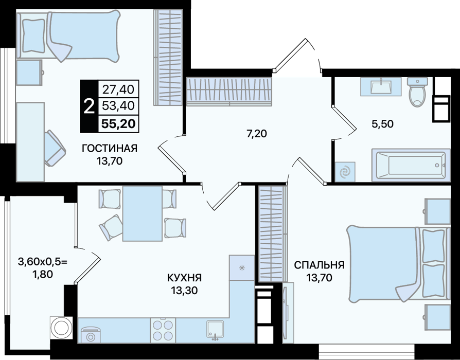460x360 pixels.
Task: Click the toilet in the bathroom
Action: coord(417,92)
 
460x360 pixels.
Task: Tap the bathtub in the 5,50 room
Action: coord(411,165)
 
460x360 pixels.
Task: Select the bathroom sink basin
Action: coord(381,86)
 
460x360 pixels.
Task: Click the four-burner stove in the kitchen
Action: coord(163,330)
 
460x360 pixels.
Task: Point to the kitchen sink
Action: coord(215,330)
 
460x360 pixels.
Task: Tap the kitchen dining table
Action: coord(143,213)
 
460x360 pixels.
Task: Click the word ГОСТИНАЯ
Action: coord(110,148)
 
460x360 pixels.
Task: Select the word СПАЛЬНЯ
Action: coord(319,265)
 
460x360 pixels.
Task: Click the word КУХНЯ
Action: coord(185,277)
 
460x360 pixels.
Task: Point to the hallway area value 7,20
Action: coord(257,134)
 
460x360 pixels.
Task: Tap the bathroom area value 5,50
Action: coord(382,124)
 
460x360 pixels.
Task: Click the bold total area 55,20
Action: coord(118,124)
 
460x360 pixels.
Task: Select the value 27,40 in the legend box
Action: coord(118,89)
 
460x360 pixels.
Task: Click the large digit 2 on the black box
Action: coord(89,106)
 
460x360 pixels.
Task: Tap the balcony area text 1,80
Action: coord(43,275)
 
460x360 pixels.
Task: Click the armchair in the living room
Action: coord(55,148)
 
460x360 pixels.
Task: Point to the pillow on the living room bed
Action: coord(34,36)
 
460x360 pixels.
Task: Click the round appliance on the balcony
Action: coord(61,328)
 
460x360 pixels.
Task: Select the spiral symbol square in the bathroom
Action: coord(345,171)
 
